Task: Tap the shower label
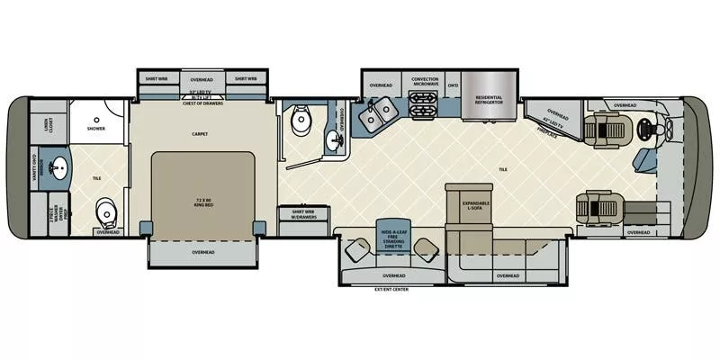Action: [96, 129]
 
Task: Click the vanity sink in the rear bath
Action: [58, 166]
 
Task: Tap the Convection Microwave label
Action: [425, 81]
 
